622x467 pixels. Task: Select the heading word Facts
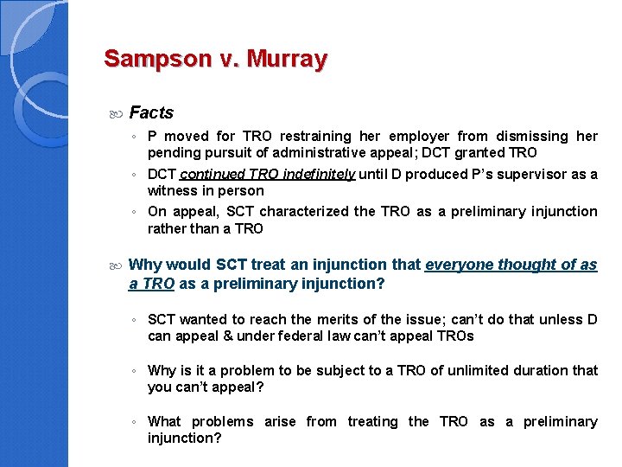pyautogui.click(x=151, y=112)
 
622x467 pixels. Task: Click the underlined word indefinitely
pyautogui.click(x=314, y=174)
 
